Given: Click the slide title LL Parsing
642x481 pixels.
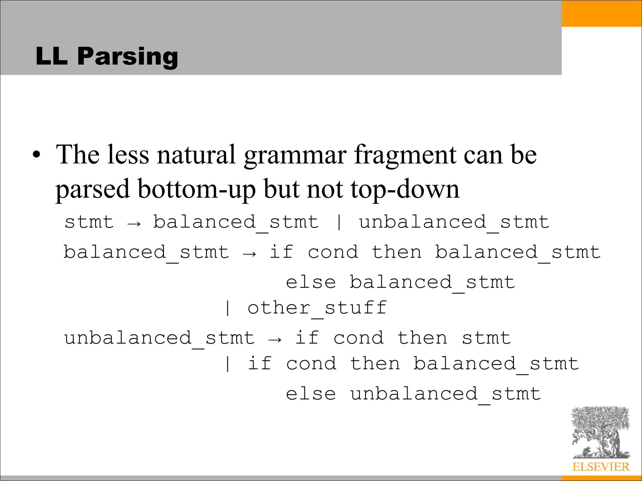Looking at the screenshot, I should pos(107,56).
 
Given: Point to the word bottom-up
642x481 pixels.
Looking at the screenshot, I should pos(197,189).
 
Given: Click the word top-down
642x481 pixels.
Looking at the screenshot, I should pos(405,189).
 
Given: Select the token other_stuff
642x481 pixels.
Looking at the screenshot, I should pos(317,308).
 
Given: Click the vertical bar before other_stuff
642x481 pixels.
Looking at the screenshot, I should pos(228,308).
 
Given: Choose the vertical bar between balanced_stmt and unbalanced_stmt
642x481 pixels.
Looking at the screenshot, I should pos(339,222).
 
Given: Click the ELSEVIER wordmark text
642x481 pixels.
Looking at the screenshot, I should pos(601,467).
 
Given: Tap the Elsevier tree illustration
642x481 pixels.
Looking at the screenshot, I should pos(600,432).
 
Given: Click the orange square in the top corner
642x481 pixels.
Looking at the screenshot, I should pos(602,13).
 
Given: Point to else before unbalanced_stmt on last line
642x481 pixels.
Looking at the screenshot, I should pos(311,394).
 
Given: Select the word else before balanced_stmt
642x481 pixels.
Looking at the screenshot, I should pos(311,282).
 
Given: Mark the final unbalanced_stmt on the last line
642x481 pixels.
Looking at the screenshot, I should pos(445,394).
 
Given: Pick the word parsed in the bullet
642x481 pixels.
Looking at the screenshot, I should pos(92,189).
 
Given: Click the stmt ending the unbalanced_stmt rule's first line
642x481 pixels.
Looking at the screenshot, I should pos(486,338).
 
